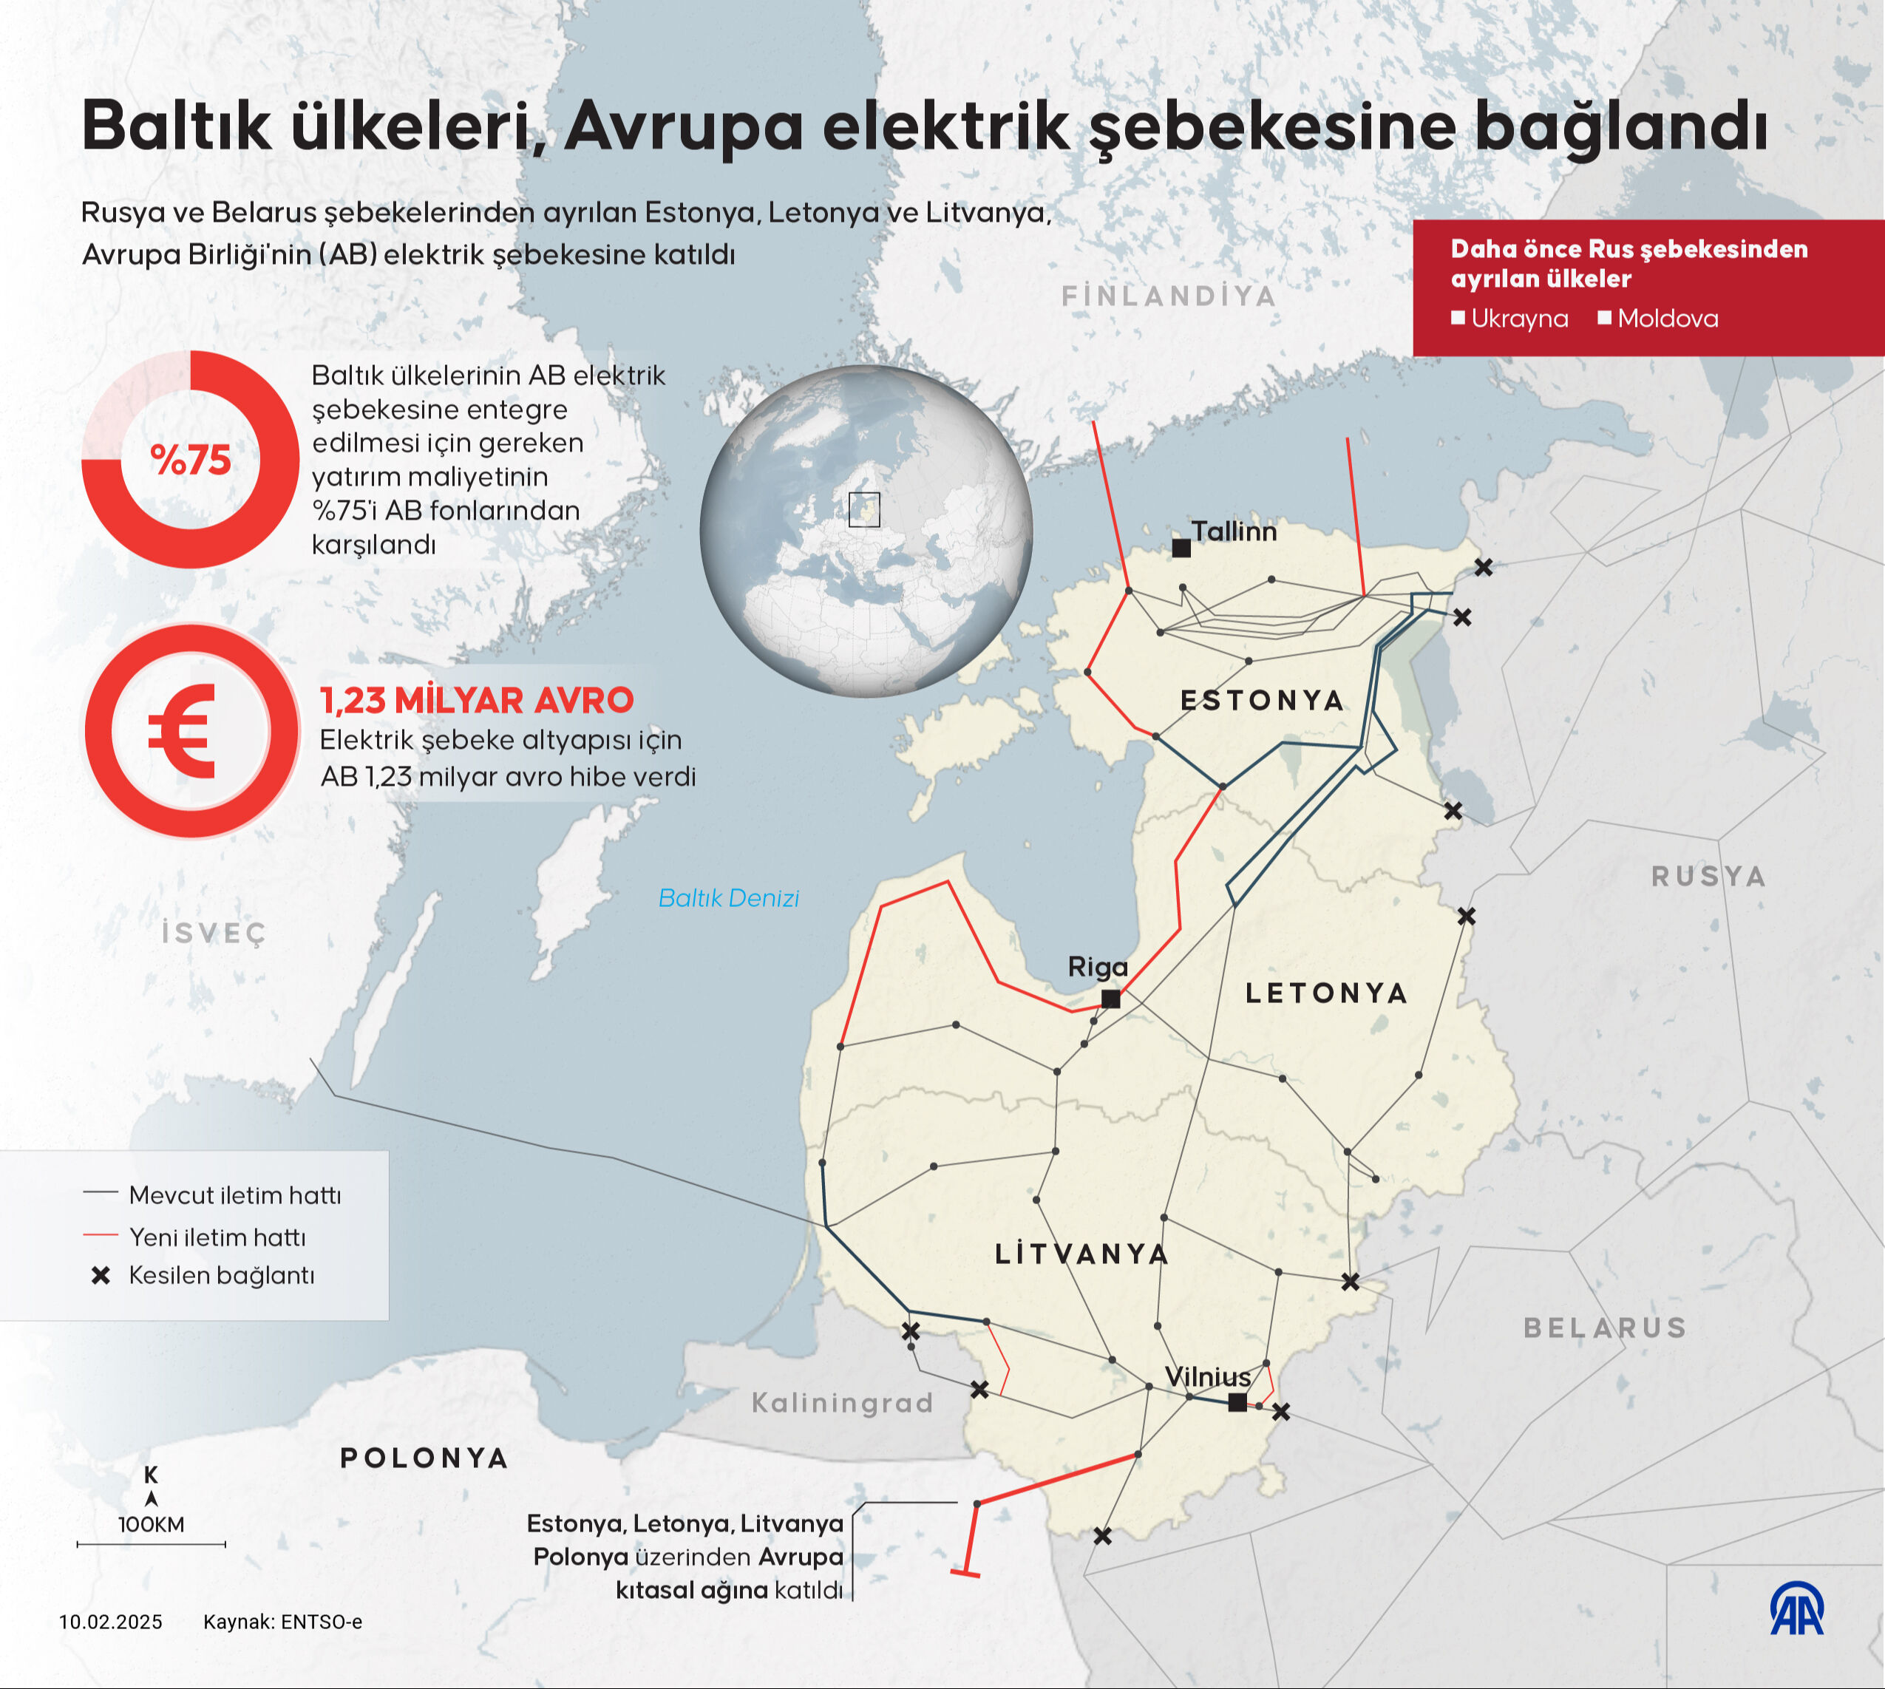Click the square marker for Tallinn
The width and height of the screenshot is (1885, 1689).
pyautogui.click(x=1181, y=548)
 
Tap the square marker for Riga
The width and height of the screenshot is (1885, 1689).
pyautogui.click(x=1110, y=999)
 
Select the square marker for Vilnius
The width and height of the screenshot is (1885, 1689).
pyautogui.click(x=1237, y=1402)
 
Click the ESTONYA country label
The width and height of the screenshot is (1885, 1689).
pyautogui.click(x=1263, y=701)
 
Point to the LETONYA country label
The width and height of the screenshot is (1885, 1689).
pyautogui.click(x=1326, y=994)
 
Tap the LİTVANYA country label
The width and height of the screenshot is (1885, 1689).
pyautogui.click(x=1082, y=1254)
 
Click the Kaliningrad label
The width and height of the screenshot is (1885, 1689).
pyautogui.click(x=842, y=1402)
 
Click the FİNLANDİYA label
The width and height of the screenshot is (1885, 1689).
pyautogui.click(x=1169, y=296)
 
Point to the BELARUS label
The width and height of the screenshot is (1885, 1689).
pyautogui.click(x=1605, y=1328)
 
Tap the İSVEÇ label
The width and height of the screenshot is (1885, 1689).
pyautogui.click(x=214, y=933)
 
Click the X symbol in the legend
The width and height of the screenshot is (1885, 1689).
pyautogui.click(x=101, y=1276)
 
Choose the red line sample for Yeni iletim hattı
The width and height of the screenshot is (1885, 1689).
pyautogui.click(x=101, y=1235)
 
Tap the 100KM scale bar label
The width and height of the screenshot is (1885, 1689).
pyautogui.click(x=152, y=1525)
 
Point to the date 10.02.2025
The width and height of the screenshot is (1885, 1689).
pyautogui.click(x=110, y=1622)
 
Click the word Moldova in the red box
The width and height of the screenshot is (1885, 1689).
pyautogui.click(x=1667, y=319)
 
